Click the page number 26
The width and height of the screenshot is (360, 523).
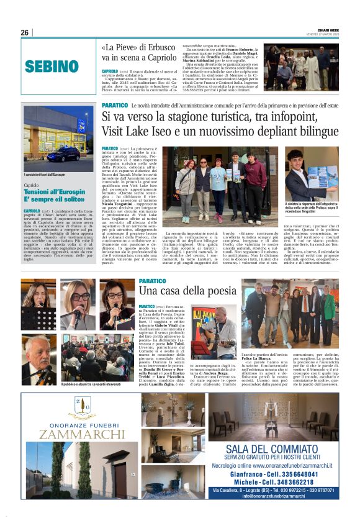[24, 32]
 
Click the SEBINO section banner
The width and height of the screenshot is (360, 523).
[52, 66]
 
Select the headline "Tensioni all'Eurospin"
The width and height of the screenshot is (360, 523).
[54, 193]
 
